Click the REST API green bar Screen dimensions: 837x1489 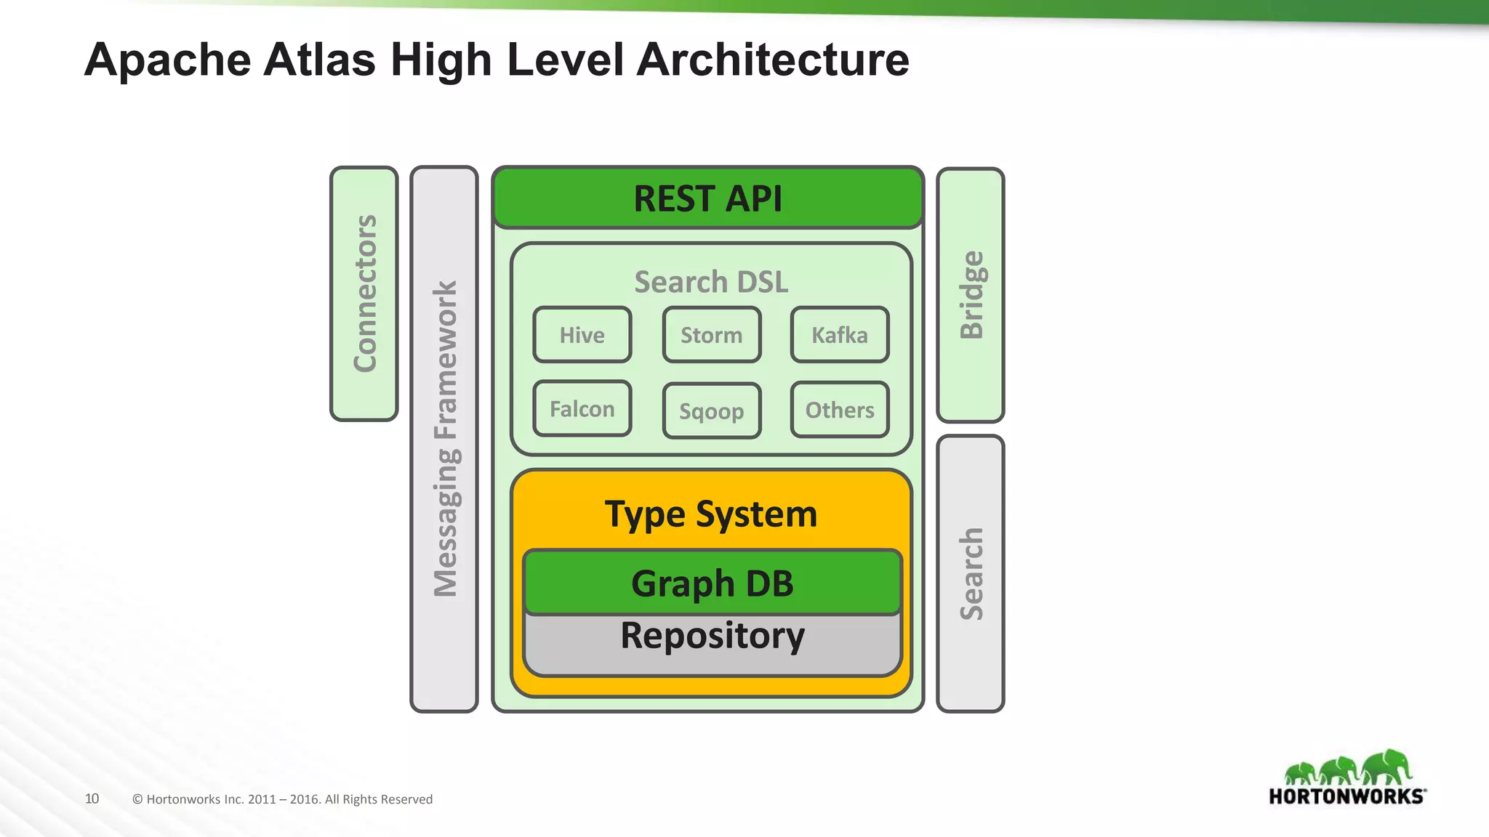click(x=707, y=198)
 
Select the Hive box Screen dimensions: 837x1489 click(x=582, y=335)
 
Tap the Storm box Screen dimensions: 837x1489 click(x=711, y=335)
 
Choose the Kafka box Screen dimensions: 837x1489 click(x=840, y=335)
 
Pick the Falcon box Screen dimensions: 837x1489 click(x=582, y=409)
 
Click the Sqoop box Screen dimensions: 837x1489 click(x=711, y=411)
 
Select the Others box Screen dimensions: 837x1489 click(x=840, y=410)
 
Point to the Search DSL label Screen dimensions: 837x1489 click(x=711, y=282)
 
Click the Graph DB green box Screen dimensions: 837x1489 click(x=712, y=583)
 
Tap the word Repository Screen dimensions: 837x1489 click(x=712, y=636)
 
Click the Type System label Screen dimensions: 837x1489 click(x=711, y=514)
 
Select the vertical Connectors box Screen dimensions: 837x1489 click(x=364, y=294)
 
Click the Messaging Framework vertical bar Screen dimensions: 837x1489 click(x=444, y=439)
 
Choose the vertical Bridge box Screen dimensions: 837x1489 click(x=971, y=295)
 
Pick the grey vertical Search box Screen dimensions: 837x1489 click(x=971, y=574)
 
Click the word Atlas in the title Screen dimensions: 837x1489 click(x=319, y=60)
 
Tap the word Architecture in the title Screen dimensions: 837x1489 click(x=772, y=60)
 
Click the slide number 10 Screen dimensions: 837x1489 click(x=92, y=798)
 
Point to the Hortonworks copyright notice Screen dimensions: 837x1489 click(x=282, y=799)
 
